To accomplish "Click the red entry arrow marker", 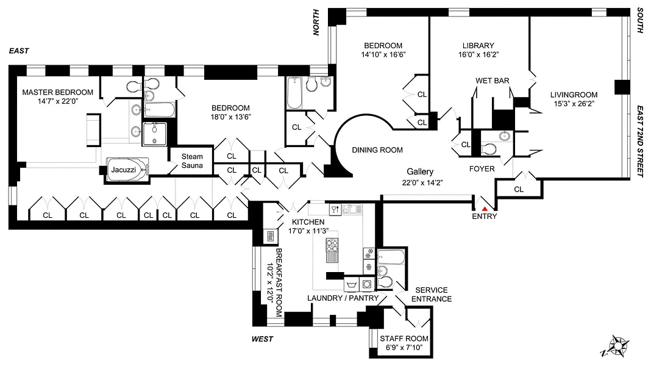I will (485, 209).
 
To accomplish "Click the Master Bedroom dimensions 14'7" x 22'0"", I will (57, 102).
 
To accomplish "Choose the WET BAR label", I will (493, 81).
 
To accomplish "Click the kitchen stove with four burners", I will (333, 246).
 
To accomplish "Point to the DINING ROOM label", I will (377, 150).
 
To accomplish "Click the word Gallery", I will (421, 173).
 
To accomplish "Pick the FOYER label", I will (482, 169).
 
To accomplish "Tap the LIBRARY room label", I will (478, 45).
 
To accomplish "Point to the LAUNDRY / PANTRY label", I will (343, 298).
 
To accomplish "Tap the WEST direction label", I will (262, 339).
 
